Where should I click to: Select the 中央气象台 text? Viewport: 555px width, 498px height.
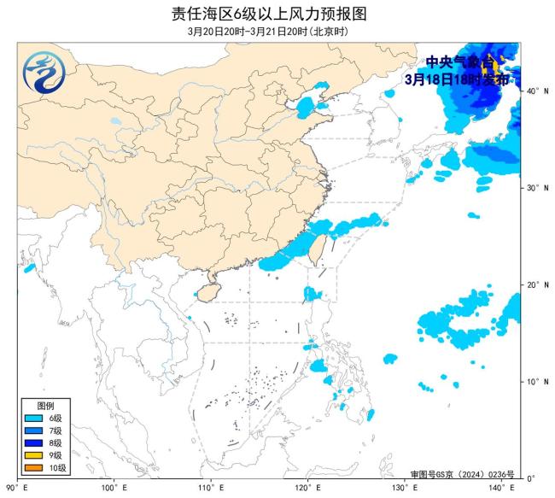tap(459, 62)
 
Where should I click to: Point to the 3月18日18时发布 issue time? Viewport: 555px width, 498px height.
tap(457, 79)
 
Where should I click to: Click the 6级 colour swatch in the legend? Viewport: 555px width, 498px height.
tap(33, 419)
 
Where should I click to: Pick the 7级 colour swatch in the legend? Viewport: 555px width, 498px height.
tap(33, 431)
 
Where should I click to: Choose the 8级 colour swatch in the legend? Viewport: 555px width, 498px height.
tap(33, 443)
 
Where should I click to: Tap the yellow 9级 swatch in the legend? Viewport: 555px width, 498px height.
tap(33, 456)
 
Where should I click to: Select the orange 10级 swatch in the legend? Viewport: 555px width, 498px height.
tap(33, 468)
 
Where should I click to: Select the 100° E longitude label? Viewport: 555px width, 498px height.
tap(114, 488)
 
